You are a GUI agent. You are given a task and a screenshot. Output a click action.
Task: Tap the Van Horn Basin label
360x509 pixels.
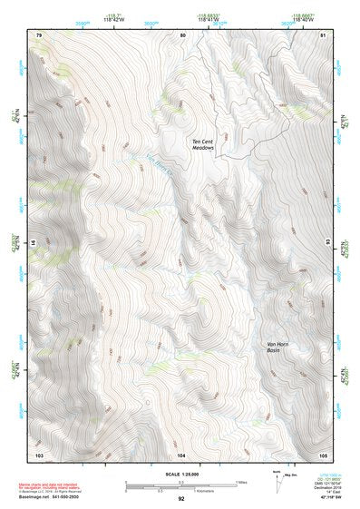click(279, 347)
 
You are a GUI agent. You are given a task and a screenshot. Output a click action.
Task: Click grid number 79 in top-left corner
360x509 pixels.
click(39, 34)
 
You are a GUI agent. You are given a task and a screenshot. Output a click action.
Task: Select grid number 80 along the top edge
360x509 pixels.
click(182, 34)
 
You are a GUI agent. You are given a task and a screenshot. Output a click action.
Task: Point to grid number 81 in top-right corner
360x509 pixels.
click(324, 34)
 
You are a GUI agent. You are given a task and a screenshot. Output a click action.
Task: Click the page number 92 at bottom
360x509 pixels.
click(181, 499)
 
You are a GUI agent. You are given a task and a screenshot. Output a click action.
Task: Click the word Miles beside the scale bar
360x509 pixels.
click(241, 482)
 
